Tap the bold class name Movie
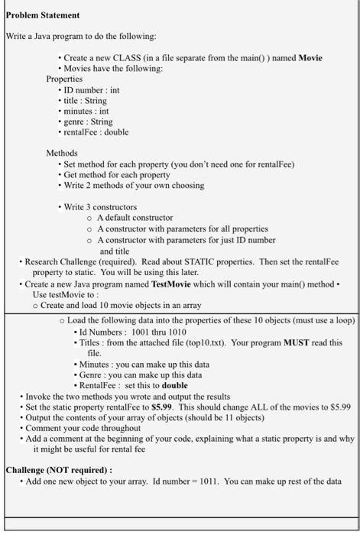click(x=310, y=57)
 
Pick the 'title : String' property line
click(x=85, y=100)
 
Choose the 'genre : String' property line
click(x=88, y=121)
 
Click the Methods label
click(x=63, y=153)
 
